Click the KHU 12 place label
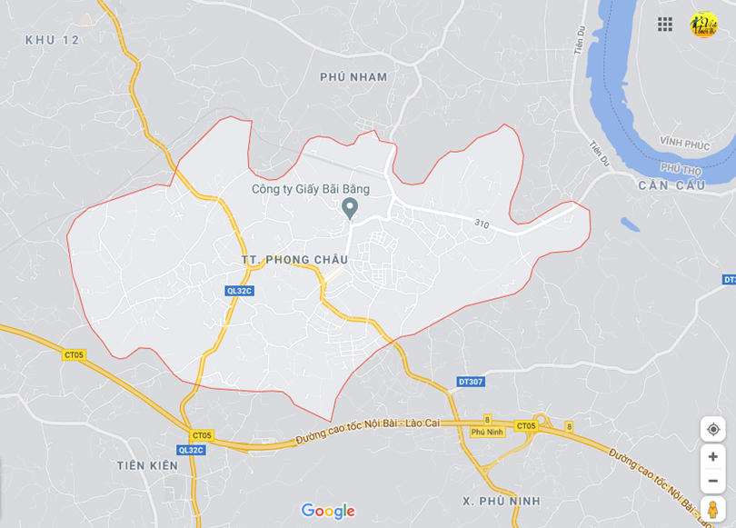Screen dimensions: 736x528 click(x=53, y=40)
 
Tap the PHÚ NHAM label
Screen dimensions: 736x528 click(x=353, y=77)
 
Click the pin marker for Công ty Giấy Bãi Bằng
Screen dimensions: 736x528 click(x=349, y=209)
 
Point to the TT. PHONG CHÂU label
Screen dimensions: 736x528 click(x=295, y=260)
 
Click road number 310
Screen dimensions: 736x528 click(x=482, y=224)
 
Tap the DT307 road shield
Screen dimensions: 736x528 click(x=471, y=382)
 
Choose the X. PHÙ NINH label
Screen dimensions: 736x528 click(x=501, y=501)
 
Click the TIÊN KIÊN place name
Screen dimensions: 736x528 click(x=147, y=465)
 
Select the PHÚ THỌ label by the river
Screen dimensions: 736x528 click(x=681, y=168)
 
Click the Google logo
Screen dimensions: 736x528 click(x=328, y=512)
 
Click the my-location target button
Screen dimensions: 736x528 click(x=712, y=429)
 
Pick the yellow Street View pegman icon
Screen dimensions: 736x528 click(x=712, y=509)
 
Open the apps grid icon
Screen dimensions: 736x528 click(x=665, y=25)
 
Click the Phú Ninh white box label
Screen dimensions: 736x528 click(x=487, y=432)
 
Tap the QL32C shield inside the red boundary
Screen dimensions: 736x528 click(x=240, y=291)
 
